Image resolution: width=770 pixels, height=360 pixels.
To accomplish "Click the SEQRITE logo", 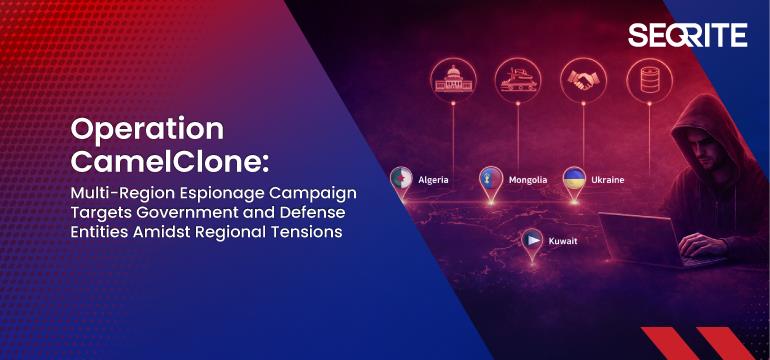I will [x=687, y=35].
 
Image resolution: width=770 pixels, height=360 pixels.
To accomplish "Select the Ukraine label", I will [x=608, y=180].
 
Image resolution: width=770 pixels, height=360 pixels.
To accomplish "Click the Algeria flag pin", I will [x=401, y=181].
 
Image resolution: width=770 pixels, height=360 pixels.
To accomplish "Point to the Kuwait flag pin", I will [x=532, y=241].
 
